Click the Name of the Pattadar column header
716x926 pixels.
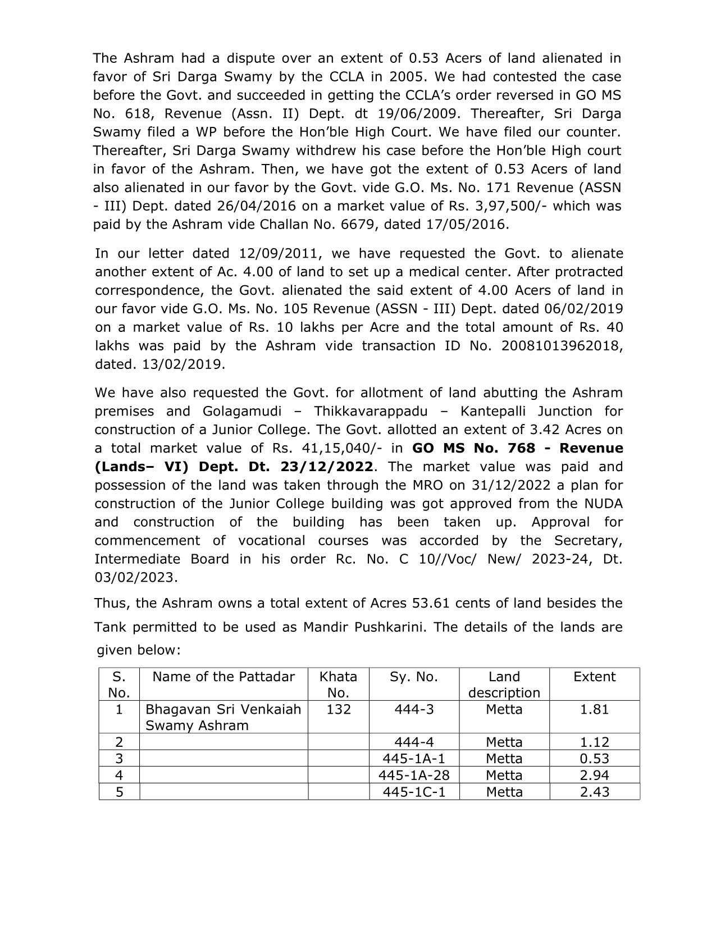click(x=224, y=677)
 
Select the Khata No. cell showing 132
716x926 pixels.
click(x=339, y=709)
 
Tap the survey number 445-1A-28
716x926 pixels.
click(x=414, y=776)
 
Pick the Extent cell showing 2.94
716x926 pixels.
click(x=594, y=776)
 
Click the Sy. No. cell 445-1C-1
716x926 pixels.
click(x=414, y=792)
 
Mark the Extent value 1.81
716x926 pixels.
click(x=594, y=709)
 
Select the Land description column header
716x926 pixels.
click(x=504, y=685)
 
